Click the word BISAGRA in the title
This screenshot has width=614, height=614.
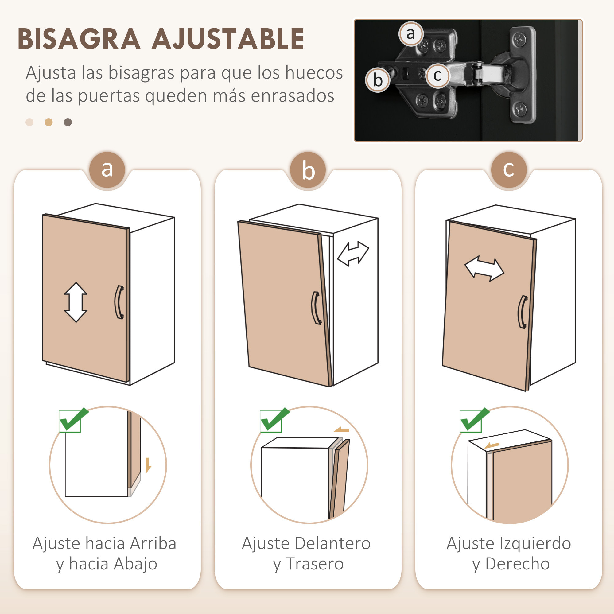[x=79, y=39]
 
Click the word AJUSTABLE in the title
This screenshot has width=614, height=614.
[x=227, y=39]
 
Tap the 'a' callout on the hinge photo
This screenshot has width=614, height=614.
[x=410, y=34]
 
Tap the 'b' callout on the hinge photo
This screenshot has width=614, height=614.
[x=378, y=80]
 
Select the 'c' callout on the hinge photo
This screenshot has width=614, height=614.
[x=437, y=76]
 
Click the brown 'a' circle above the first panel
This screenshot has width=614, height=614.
[x=107, y=169]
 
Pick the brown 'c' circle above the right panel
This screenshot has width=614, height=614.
[x=508, y=169]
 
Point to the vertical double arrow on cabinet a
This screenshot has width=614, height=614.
[x=76, y=302]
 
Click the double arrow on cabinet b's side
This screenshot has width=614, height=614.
[x=353, y=254]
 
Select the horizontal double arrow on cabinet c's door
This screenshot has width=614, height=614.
[x=484, y=269]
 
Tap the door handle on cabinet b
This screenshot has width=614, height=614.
[x=316, y=308]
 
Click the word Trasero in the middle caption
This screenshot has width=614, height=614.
[x=314, y=564]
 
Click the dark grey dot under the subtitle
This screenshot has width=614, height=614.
[x=68, y=122]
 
